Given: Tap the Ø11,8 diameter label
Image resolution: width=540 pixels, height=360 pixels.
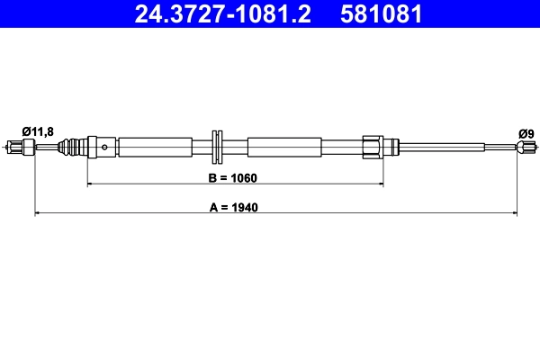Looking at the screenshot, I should click(x=37, y=132).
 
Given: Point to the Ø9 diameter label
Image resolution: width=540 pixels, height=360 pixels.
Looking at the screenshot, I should click(x=526, y=134).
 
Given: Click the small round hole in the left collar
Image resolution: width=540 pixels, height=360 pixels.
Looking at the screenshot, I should click(x=106, y=148).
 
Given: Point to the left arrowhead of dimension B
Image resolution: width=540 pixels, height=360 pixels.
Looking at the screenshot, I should click(x=90, y=184).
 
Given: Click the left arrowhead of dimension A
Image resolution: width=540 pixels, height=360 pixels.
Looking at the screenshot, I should click(x=38, y=213).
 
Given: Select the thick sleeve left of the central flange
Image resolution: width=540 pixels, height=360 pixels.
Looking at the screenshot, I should click(x=155, y=147).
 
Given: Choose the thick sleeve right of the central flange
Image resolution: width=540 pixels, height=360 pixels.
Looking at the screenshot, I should click(x=283, y=147).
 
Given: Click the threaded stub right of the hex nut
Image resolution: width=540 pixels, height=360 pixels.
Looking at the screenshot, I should click(x=391, y=147).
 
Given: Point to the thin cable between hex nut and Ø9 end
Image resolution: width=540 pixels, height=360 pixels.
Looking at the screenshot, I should click(x=450, y=147).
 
